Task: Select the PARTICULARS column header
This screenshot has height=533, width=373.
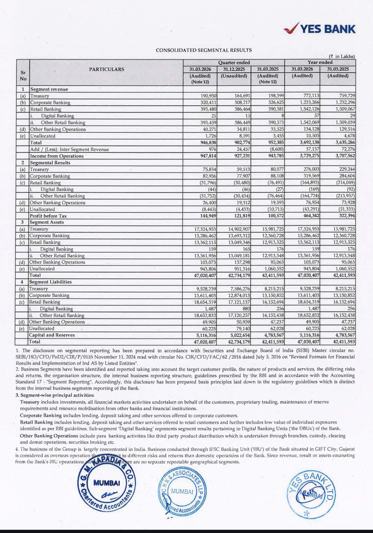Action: (107, 69)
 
